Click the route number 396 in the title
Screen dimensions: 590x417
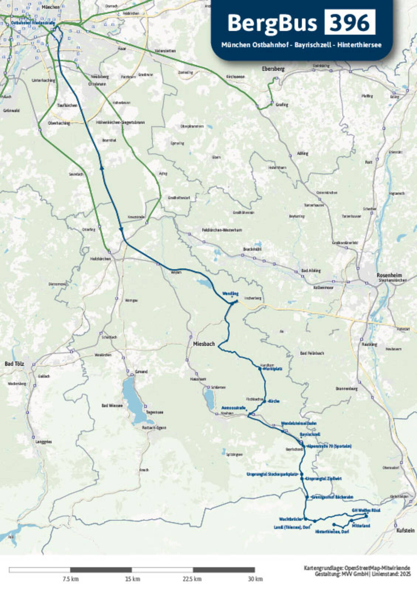[349, 23]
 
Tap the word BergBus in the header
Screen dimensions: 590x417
[272, 23]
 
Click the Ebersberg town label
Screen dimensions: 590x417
[273, 69]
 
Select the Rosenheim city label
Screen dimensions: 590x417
[389, 275]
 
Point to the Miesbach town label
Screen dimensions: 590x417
[204, 344]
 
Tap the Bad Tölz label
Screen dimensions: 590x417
[14, 364]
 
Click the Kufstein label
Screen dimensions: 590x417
[405, 530]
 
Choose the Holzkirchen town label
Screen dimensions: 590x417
[100, 259]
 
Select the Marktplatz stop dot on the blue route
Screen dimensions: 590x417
[260, 368]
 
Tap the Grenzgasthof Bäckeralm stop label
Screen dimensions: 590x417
[332, 497]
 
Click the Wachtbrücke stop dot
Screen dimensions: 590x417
[306, 518]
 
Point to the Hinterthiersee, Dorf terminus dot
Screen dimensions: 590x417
[334, 524]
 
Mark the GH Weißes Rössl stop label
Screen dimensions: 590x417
[366, 510]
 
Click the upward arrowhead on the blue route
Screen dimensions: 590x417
[101, 168]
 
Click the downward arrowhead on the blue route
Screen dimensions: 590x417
[121, 230]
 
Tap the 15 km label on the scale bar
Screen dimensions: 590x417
[132, 579]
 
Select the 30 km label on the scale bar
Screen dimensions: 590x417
[255, 579]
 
